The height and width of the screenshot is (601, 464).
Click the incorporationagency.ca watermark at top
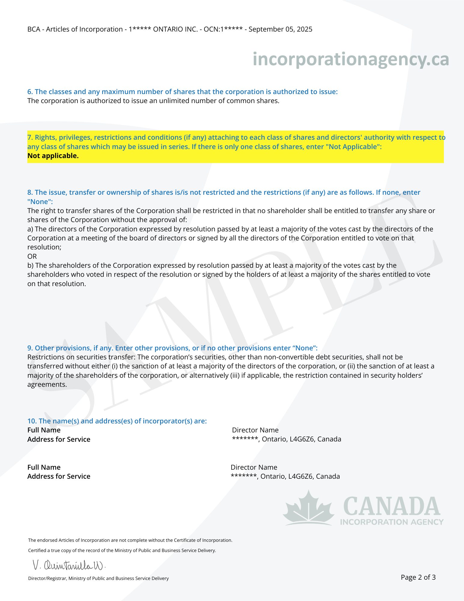point(350,59)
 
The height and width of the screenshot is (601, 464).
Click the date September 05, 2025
point(280,29)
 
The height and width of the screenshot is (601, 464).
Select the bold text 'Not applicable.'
point(53,156)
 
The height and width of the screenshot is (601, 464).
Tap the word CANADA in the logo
point(391,507)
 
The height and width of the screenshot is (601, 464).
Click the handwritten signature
point(69,566)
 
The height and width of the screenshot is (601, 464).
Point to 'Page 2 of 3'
point(418,577)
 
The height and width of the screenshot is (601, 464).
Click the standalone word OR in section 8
point(32,256)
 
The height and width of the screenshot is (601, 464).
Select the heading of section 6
point(182,92)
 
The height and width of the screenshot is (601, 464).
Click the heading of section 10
point(117,421)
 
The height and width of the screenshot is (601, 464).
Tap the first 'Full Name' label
point(44,430)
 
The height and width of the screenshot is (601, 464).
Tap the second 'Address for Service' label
point(59,476)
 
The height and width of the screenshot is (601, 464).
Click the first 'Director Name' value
point(255,430)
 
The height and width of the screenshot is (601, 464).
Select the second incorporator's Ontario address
point(285,476)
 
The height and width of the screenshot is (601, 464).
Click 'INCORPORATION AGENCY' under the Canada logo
point(392,522)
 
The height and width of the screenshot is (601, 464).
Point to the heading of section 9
point(172,348)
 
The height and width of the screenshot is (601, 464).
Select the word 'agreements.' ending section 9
point(47,384)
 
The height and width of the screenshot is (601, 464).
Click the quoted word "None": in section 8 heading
point(40,201)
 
